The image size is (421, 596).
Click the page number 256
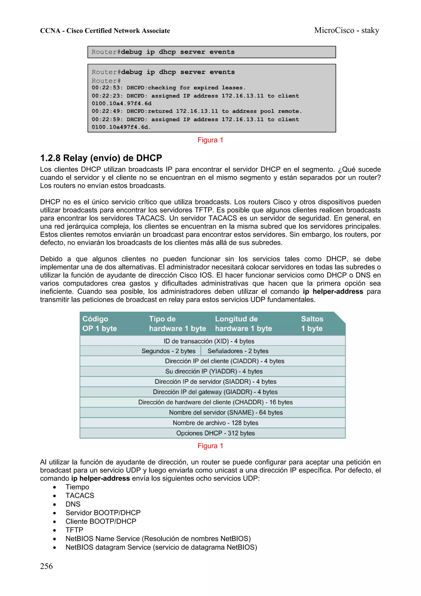point(46,566)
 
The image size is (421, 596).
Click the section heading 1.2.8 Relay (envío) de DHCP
point(101,158)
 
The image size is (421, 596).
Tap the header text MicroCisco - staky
point(347,30)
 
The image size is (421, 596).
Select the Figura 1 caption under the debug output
point(210,140)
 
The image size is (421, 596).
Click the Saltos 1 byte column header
point(312,323)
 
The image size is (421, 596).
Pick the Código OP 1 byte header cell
point(100,323)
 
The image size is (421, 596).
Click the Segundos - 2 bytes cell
point(168,351)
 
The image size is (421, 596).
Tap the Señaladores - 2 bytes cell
point(238,351)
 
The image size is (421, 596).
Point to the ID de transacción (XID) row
point(209,341)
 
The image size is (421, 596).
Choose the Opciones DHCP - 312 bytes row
point(215,433)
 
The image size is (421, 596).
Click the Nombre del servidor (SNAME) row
point(226,412)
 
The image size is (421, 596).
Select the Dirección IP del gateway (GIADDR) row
point(215,392)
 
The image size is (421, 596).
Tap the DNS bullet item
point(73,504)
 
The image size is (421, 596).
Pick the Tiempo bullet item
point(77,487)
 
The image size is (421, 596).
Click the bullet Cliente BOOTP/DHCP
point(101,521)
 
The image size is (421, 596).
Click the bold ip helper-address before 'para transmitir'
point(333,292)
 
